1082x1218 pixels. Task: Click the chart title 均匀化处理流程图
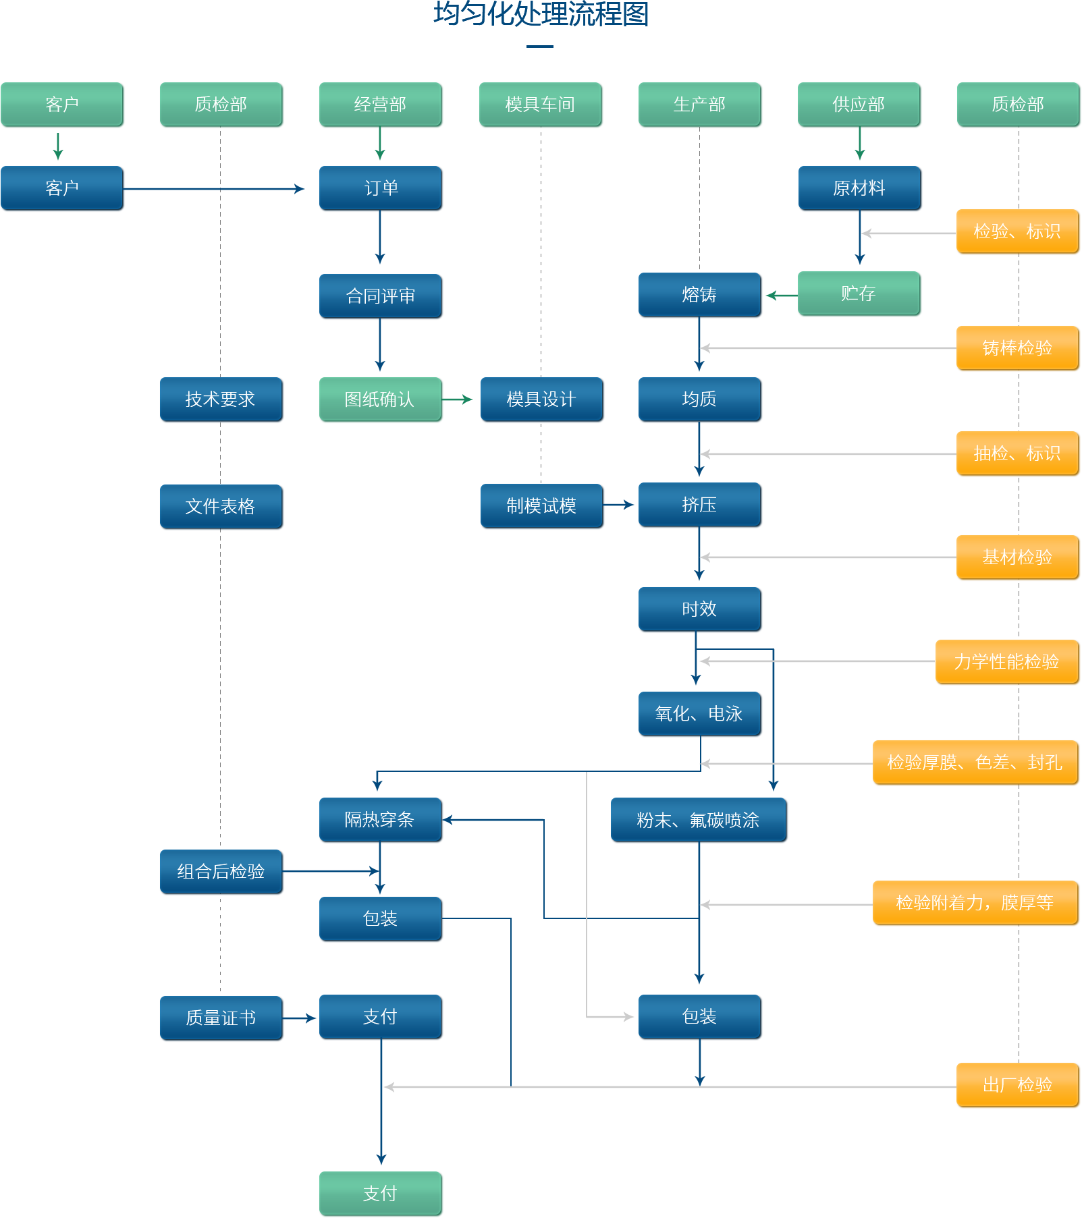(541, 13)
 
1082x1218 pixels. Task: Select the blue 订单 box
(381, 188)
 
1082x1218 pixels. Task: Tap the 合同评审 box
(381, 296)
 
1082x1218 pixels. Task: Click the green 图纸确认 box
(381, 399)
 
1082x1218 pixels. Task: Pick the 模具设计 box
(541, 399)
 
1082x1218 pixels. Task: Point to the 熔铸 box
(700, 295)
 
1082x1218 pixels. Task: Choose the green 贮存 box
(859, 294)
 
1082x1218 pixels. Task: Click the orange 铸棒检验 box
(1018, 348)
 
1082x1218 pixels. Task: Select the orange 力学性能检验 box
(1007, 662)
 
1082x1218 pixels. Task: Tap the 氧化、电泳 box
(700, 714)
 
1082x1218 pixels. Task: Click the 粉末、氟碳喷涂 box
(699, 820)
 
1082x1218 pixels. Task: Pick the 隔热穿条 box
(381, 820)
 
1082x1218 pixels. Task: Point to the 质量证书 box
(221, 1018)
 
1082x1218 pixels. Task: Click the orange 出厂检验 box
(1018, 1085)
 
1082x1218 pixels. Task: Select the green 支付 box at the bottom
(381, 1194)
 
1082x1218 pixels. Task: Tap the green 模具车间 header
(541, 105)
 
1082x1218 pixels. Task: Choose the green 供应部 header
(859, 105)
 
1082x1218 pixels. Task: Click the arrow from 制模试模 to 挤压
(618, 505)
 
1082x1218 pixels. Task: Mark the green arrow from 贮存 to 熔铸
(782, 295)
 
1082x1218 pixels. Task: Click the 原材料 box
(860, 188)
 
